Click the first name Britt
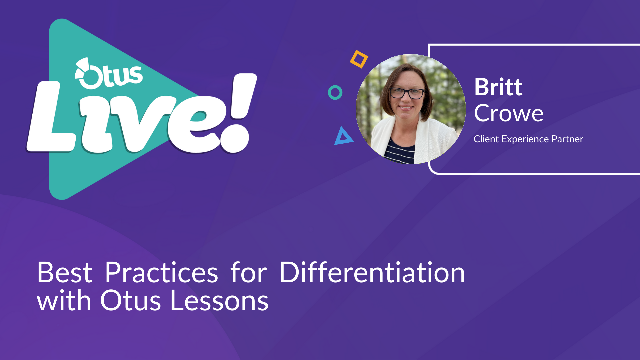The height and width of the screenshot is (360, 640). coord(498,87)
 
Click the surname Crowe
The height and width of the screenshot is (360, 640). coord(509,113)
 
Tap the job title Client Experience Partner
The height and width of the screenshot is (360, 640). coord(528,139)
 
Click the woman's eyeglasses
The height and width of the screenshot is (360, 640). coord(407,93)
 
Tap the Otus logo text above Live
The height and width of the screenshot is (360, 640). coord(109,74)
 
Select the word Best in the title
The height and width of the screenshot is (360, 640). coord(65,273)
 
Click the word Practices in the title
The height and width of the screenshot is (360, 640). coord(162,273)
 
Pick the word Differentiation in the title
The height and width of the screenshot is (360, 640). coord(372,272)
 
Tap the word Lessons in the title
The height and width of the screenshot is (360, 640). coord(219,301)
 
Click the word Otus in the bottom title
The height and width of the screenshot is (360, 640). coord(131,301)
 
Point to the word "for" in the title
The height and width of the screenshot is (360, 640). coord(249,272)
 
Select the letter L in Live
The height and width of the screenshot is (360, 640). coord(50,117)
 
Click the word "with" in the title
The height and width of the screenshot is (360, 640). coord(64,300)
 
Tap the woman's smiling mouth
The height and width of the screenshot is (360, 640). coord(406,108)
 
